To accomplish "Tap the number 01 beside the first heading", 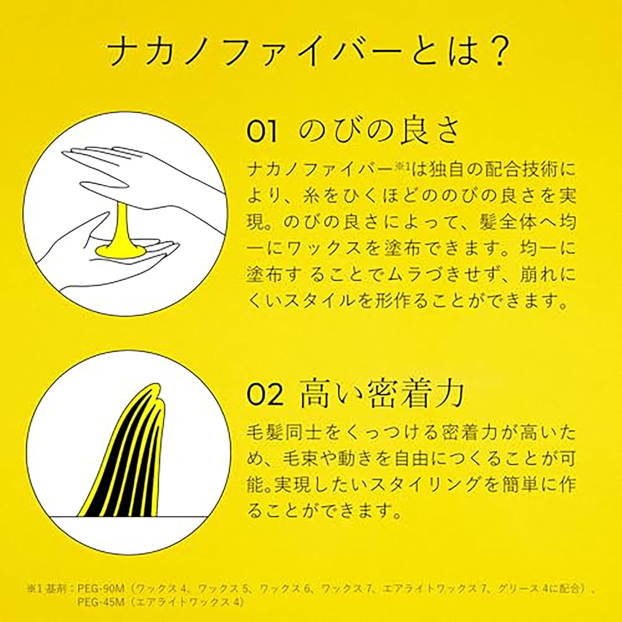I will [262, 132].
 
